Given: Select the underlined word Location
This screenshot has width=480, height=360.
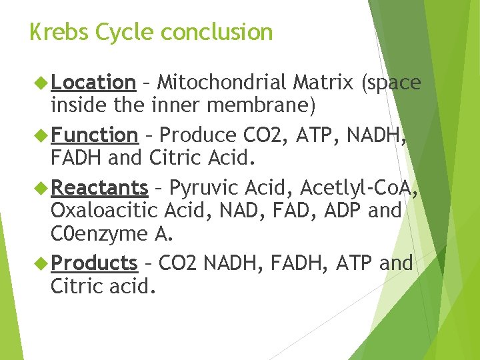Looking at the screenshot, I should point(93,83).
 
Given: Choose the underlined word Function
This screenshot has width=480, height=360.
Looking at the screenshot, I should point(94,135).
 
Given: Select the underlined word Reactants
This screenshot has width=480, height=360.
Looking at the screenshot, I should point(99,188).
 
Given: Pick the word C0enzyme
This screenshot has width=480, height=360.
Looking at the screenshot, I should point(98,234).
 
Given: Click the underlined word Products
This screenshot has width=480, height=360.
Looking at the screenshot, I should point(93,263).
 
